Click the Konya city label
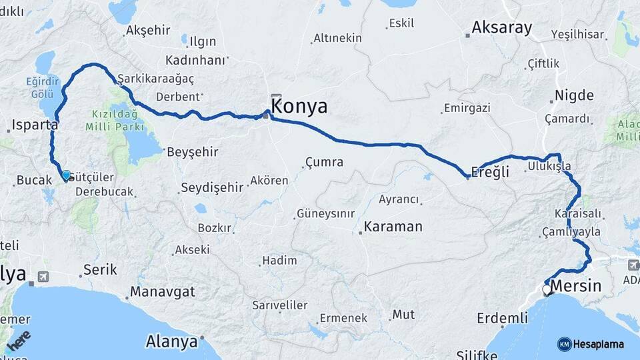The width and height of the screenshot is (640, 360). point(299,107)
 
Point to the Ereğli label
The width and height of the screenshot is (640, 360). point(490,172)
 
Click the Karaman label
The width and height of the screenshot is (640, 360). point(393,227)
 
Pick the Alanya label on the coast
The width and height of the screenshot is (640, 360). point(171,342)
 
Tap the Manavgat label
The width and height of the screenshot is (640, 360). point(163,292)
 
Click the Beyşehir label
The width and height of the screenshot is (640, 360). point(192,151)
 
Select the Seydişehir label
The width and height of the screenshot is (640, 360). point(212,187)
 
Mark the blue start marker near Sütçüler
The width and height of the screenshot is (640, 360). point(66,175)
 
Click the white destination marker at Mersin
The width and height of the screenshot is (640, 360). point(547,290)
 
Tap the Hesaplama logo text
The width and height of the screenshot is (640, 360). point(599,344)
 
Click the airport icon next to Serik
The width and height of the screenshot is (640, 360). point(43,276)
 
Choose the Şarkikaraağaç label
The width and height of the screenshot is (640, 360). point(156,79)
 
